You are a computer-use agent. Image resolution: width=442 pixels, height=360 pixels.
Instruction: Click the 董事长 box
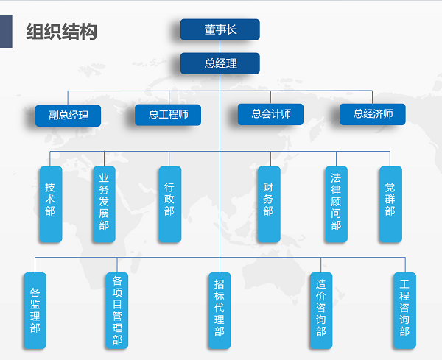220,29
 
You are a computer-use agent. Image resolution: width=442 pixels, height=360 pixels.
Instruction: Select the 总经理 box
220,63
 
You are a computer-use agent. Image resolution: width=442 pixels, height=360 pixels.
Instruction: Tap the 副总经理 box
68,116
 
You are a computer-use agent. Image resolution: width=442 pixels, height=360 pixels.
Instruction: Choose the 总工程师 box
168,115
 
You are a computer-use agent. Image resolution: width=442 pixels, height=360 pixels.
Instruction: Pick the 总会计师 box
270,114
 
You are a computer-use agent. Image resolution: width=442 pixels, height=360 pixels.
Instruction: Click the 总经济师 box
373,114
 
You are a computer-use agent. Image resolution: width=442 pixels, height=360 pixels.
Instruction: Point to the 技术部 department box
51,204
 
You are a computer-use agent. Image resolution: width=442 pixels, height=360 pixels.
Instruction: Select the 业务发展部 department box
105,204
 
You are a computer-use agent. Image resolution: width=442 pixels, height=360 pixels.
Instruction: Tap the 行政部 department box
170,204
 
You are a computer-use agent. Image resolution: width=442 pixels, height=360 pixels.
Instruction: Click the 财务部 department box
269,204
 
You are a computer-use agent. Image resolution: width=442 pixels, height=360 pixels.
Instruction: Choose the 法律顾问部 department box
337,204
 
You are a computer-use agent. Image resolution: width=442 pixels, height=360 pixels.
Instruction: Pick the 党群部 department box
390,204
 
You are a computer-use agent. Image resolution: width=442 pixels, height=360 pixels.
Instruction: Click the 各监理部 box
35,311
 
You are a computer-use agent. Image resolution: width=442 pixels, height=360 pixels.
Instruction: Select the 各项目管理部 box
117,311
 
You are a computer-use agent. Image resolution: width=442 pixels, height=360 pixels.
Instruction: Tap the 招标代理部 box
220,311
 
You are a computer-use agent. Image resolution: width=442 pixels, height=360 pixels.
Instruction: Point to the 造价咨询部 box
321,311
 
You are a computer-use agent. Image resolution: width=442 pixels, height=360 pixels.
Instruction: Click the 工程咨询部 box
404,311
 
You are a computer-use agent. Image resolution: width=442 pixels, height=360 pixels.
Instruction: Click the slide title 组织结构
61,32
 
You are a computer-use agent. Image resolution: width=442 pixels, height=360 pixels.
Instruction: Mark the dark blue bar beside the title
6,31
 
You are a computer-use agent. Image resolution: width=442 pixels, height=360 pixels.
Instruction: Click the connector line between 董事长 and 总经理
220,46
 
